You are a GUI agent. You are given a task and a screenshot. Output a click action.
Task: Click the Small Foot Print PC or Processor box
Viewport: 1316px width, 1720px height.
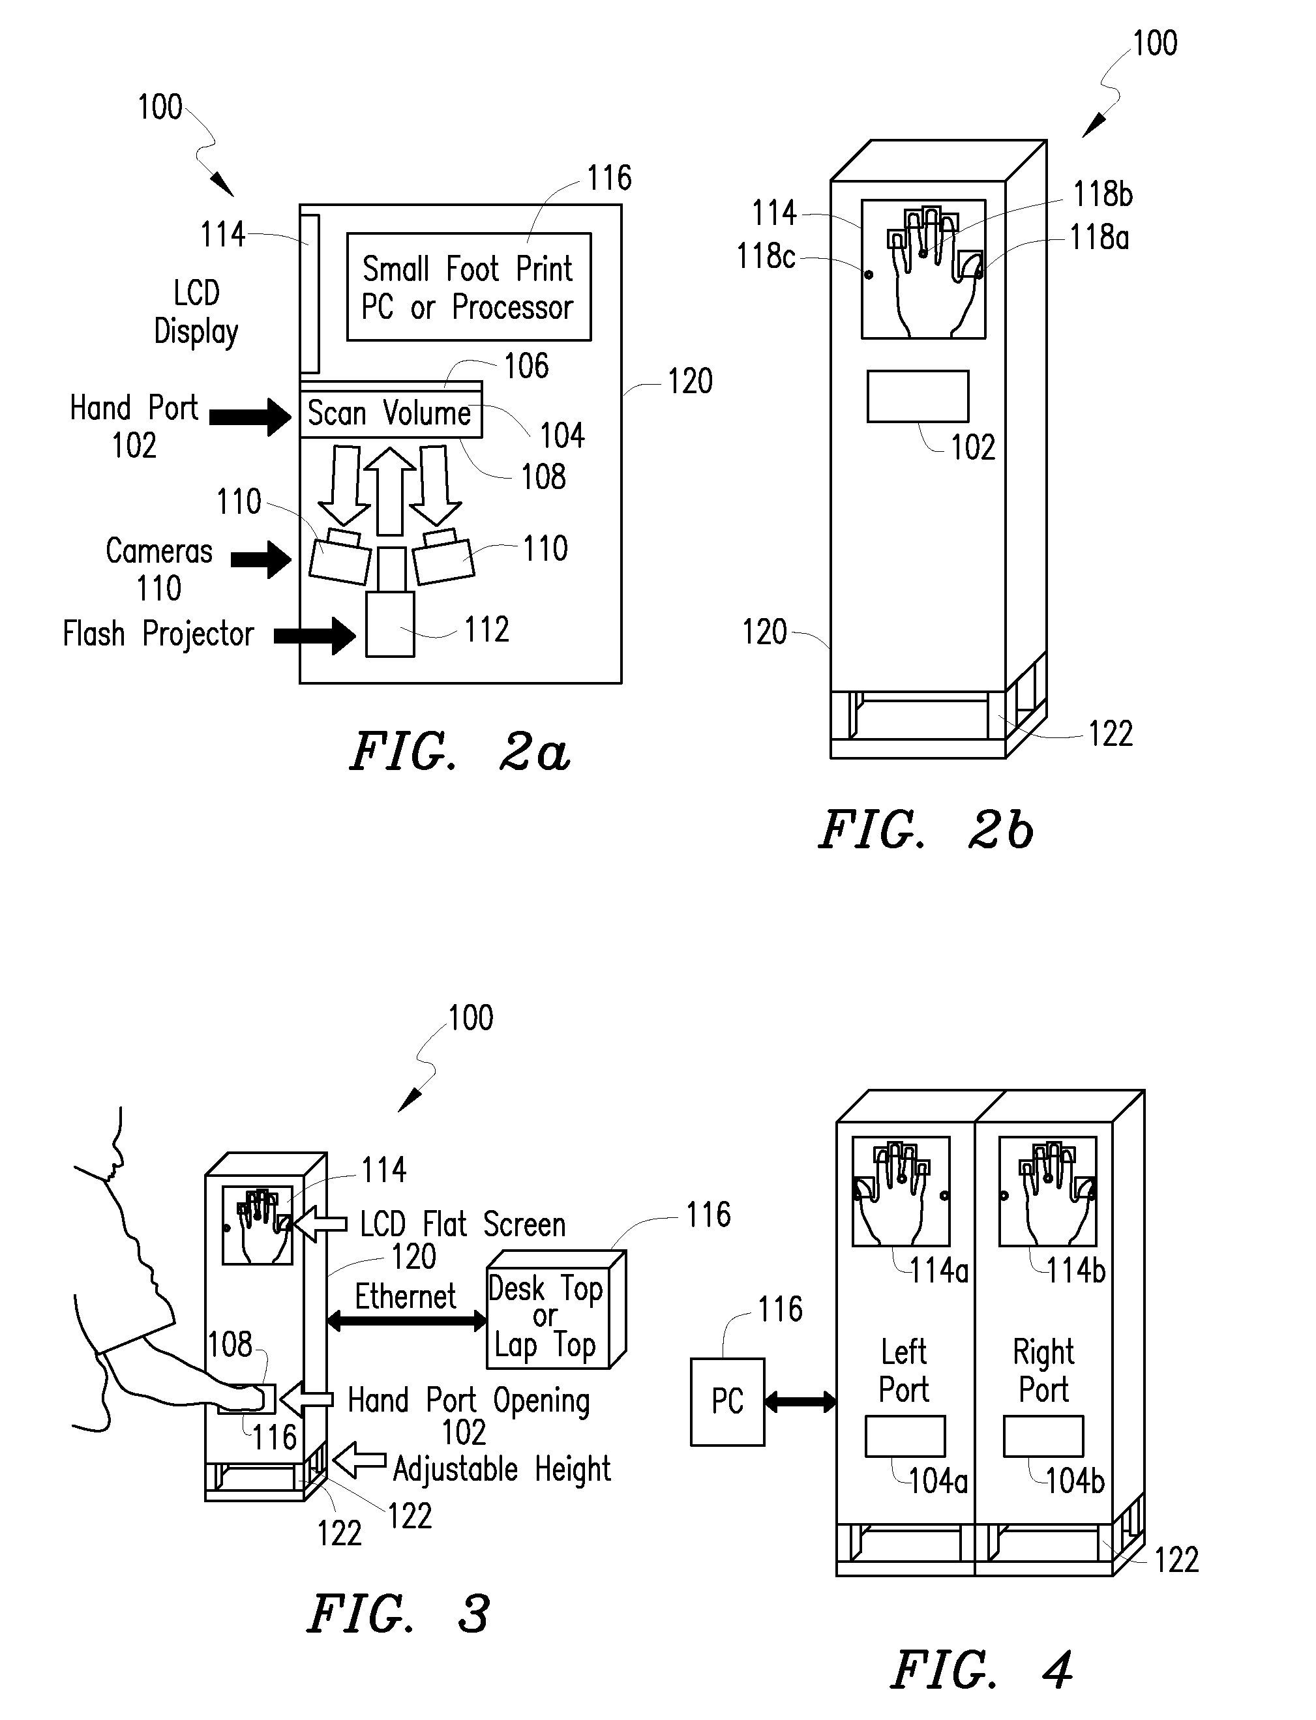[x=468, y=287]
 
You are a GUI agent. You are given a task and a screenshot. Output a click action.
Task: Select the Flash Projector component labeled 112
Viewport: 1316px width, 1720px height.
[x=390, y=623]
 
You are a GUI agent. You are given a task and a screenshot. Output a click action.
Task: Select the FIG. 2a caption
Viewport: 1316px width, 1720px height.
[x=460, y=752]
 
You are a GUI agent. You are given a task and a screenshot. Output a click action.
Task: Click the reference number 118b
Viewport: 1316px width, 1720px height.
[x=1102, y=194]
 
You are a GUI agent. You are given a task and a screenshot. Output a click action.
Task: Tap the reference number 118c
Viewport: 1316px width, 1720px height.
[x=766, y=256]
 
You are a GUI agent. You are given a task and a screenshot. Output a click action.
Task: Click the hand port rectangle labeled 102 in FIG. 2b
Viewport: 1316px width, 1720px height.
[x=918, y=396]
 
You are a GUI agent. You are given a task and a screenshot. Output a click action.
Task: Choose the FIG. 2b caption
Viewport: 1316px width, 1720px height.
[x=927, y=830]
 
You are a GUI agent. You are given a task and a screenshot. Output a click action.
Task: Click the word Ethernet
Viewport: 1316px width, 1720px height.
[x=405, y=1296]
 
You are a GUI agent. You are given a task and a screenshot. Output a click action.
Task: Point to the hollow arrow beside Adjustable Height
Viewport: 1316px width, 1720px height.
[x=359, y=1461]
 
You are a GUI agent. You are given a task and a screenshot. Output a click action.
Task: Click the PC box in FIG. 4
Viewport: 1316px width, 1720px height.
[x=727, y=1402]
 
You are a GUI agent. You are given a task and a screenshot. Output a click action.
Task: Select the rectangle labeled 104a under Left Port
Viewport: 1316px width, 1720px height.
[x=905, y=1436]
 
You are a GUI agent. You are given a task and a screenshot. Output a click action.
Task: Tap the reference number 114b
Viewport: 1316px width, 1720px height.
[x=1075, y=1270]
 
